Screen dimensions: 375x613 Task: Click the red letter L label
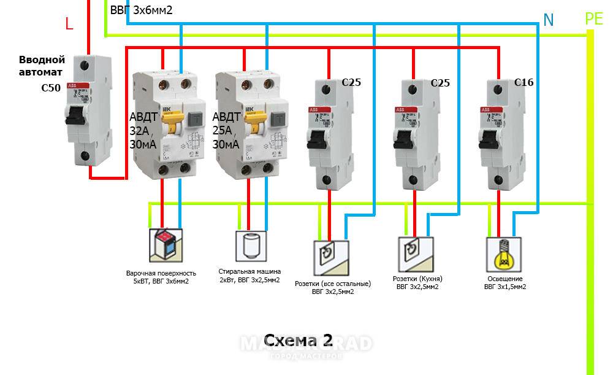click(x=69, y=23)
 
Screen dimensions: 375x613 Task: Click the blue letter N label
click(x=549, y=20)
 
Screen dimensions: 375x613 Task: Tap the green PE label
click(x=594, y=18)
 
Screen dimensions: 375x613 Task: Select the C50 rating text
click(x=51, y=88)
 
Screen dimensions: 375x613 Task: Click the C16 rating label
click(x=524, y=82)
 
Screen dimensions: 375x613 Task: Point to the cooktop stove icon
click(x=166, y=245)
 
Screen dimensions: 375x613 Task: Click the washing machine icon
click(x=252, y=246)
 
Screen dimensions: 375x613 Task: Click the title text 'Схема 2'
click(x=298, y=341)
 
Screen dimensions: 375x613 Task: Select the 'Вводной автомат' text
click(x=42, y=66)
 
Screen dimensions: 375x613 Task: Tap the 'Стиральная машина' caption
click(x=249, y=271)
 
